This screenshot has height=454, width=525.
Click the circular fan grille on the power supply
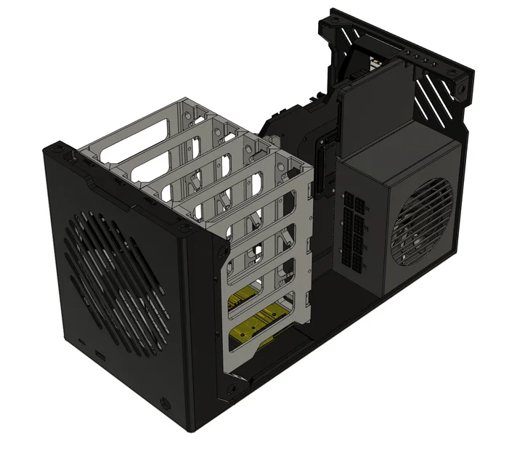[x=422, y=222]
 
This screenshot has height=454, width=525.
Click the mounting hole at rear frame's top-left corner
[x=333, y=22]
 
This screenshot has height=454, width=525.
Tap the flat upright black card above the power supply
[x=374, y=109]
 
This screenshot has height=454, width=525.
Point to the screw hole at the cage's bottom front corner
[x=231, y=392]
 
